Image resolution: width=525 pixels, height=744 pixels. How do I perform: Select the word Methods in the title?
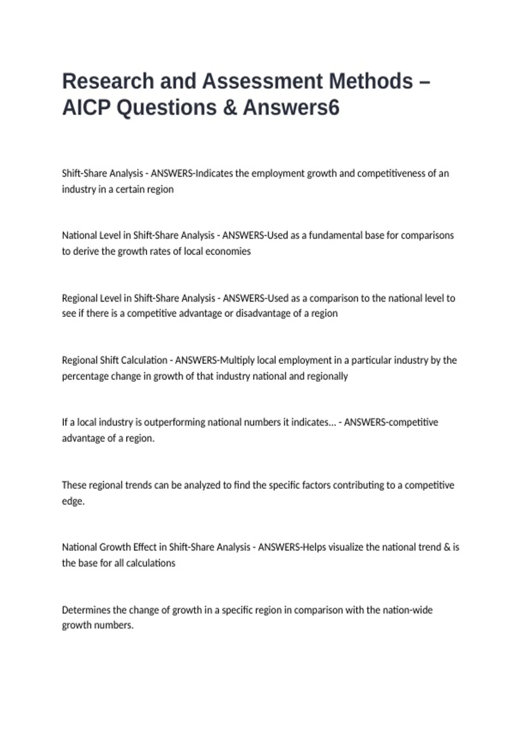pos(371,81)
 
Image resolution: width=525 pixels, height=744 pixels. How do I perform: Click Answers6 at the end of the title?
pos(291,108)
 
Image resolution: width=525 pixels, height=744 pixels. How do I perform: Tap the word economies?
pos(228,252)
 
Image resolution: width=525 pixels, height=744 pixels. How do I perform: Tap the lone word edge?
pos(73,502)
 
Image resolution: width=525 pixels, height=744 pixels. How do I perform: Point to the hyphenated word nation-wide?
pos(407,610)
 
